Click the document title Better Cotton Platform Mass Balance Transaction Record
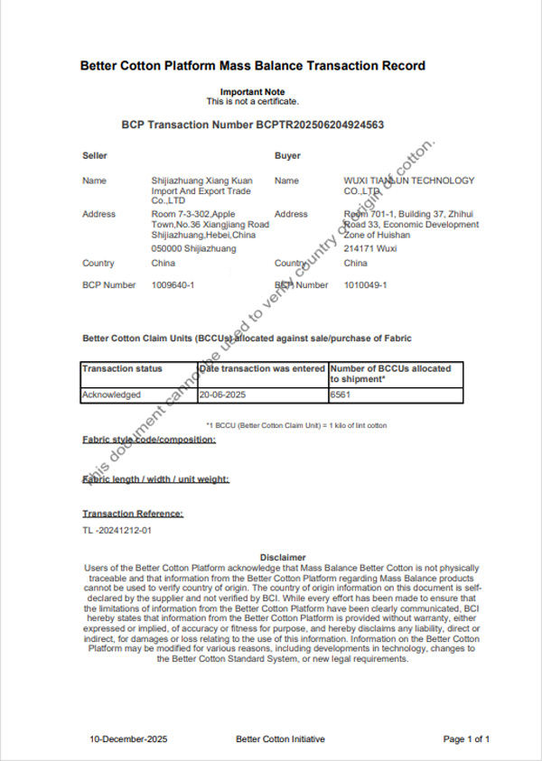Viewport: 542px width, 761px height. click(x=252, y=66)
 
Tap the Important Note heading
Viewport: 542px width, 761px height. click(x=252, y=92)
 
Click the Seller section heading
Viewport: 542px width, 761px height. click(x=95, y=156)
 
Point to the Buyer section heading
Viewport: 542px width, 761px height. click(x=287, y=156)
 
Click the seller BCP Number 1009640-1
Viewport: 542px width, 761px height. click(x=173, y=285)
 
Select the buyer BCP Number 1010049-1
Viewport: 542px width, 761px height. click(x=365, y=285)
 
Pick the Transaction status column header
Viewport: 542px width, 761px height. click(x=123, y=369)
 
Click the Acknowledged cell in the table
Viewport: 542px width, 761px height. click(x=111, y=394)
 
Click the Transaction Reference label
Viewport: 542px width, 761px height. click(x=133, y=514)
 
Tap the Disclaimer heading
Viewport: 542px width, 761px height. click(x=283, y=557)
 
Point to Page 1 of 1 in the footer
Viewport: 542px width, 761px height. click(x=466, y=739)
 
